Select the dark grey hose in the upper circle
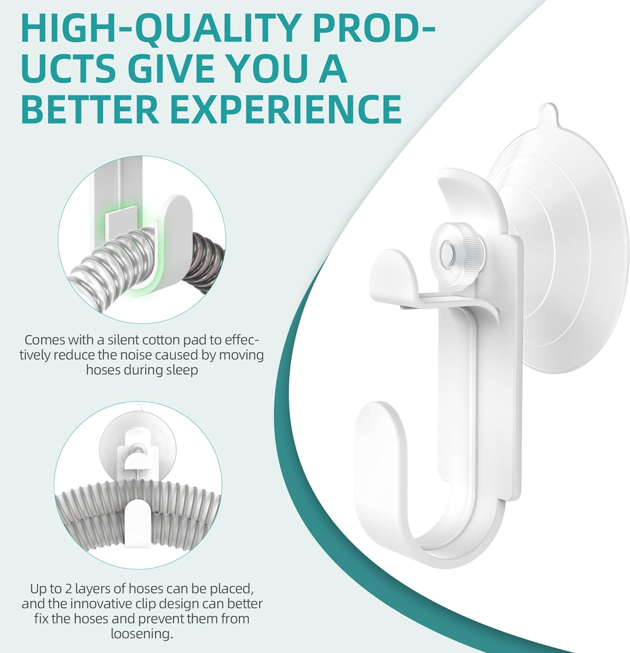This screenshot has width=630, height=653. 207,256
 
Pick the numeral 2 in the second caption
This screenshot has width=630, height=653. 67,589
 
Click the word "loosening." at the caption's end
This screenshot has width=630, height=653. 142,634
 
